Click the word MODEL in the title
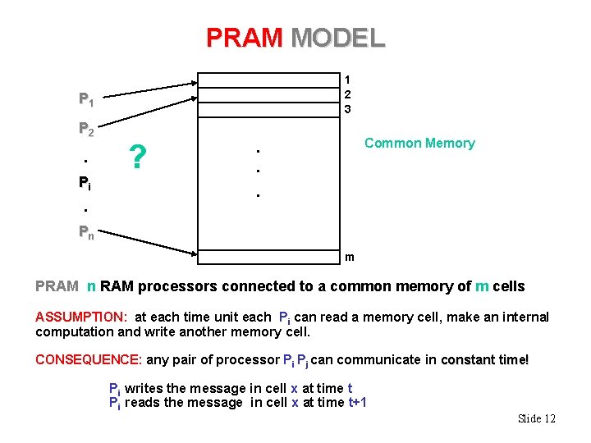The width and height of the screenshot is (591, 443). [337, 38]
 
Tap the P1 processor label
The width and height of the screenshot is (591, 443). [85, 100]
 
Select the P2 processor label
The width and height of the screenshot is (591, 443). [85, 129]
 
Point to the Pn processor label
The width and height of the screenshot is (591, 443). [85, 232]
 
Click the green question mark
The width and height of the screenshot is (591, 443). [140, 154]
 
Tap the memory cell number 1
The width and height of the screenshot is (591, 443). [348, 80]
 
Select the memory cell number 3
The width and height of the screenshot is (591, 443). [348, 109]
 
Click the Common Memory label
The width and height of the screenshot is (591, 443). [419, 144]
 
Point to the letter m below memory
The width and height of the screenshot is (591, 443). [350, 258]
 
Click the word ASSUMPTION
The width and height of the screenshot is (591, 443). [80, 317]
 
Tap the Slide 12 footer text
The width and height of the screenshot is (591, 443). [537, 418]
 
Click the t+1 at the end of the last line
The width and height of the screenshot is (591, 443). [358, 402]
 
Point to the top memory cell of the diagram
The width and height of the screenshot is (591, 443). [268, 79]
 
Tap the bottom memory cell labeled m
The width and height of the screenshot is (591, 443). [268, 257]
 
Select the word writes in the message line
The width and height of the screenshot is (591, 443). [142, 388]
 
